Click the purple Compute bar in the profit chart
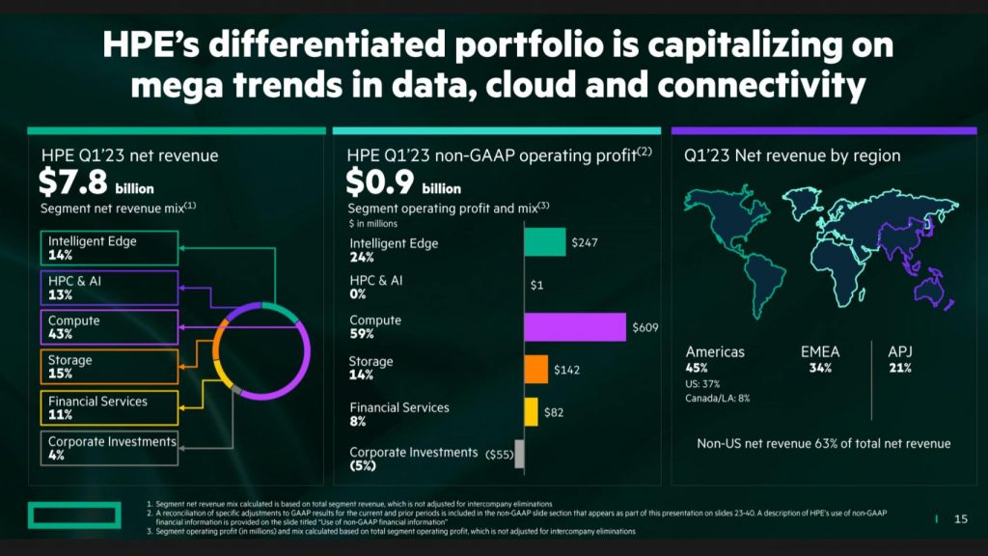574,327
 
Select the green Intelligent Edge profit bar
544,242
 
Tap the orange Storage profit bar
535,369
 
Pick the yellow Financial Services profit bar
531,412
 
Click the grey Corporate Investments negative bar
519,454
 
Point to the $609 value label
645,327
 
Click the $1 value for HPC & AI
537,285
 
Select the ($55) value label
498,454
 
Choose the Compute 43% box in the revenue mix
109,327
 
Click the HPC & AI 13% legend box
109,288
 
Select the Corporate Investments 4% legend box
109,448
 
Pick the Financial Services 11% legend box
109,407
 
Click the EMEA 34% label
820,359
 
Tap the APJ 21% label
900,359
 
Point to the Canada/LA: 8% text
718,397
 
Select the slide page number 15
960,519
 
